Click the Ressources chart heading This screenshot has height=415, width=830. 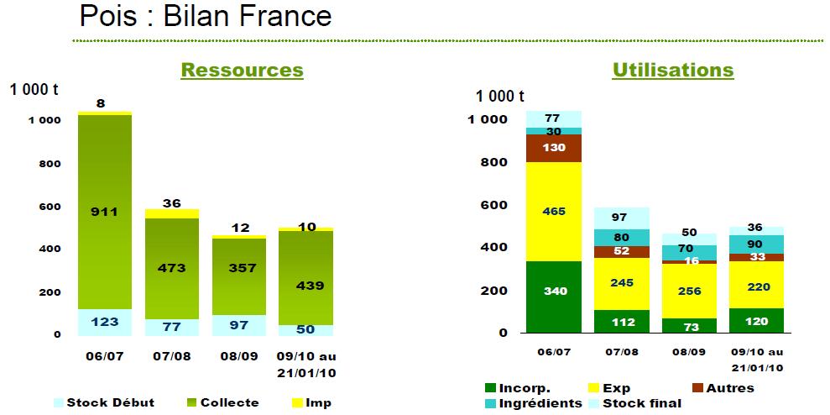[242, 71]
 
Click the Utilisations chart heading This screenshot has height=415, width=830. [673, 71]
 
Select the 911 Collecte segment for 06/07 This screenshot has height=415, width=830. [104, 212]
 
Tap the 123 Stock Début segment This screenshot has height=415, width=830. [104, 323]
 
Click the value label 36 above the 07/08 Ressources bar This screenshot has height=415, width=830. [172, 203]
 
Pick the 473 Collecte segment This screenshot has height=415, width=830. [172, 269]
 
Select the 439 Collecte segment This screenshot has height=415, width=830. [306, 278]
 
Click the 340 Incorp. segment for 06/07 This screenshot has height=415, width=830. [554, 297]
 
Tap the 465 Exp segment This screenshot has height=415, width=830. [554, 212]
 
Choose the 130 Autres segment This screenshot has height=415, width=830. [554, 148]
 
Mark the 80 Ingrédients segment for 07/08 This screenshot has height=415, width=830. [621, 238]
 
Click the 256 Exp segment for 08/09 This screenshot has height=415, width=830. [689, 291]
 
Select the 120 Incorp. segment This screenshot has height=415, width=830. [756, 321]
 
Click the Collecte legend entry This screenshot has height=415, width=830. [222, 402]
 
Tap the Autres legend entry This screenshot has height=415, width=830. [723, 388]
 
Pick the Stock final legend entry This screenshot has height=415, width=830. [634, 403]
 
